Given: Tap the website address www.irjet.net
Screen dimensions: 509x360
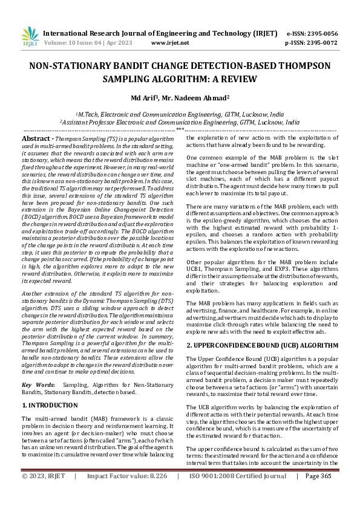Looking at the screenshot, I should pyautogui.click(x=170, y=43).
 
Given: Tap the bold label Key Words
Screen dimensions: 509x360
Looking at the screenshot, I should pyautogui.click(x=38, y=384).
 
